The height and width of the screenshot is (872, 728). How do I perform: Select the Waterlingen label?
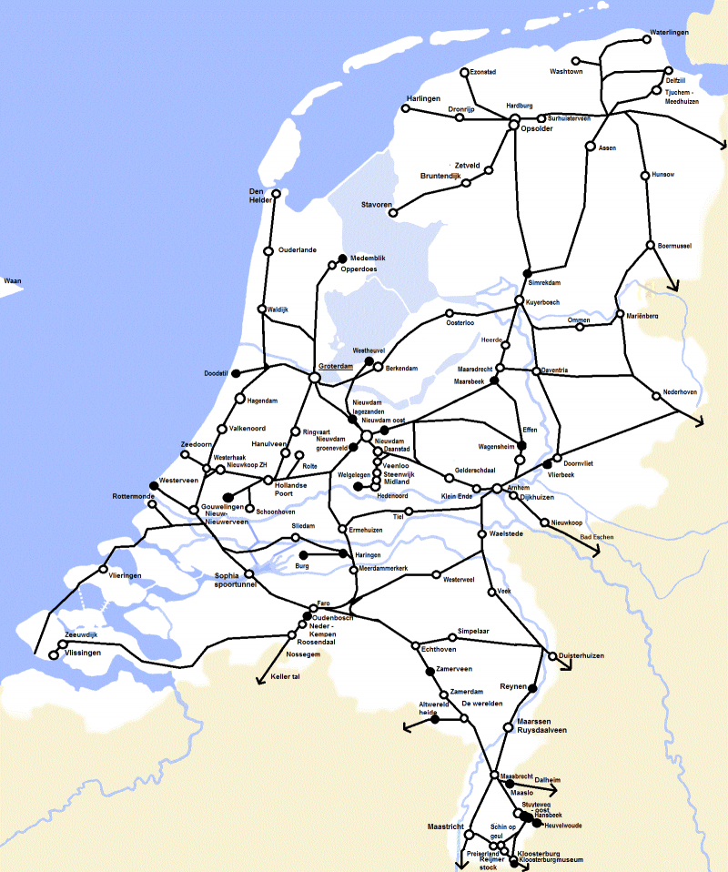coord(669,33)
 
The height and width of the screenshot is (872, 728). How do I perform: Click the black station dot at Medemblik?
coord(343,258)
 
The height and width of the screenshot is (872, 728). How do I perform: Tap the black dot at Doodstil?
coord(235,373)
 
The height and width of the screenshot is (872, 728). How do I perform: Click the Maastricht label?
coord(446,826)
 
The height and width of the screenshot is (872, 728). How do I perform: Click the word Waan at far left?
coord(13,281)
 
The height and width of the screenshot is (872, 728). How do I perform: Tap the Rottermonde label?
coord(135,496)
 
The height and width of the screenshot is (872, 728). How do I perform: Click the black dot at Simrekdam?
coord(527,273)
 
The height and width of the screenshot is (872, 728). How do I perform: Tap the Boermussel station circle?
coord(650,245)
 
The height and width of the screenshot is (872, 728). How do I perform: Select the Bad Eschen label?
coord(598,538)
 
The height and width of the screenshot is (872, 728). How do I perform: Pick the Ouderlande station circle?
coord(268,251)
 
